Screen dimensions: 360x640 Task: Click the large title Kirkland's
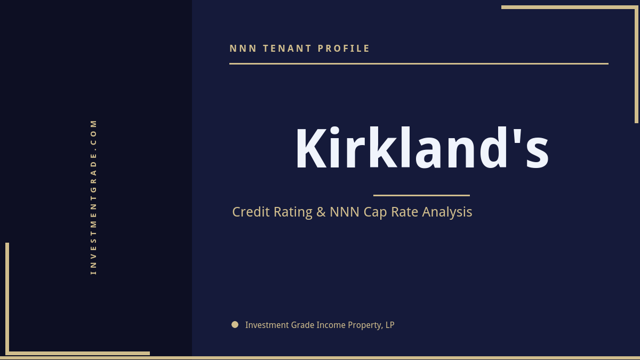pyautogui.click(x=422, y=149)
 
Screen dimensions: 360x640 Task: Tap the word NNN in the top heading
pyautogui.click(x=243, y=49)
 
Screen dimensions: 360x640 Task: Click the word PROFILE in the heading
pyautogui.click(x=344, y=49)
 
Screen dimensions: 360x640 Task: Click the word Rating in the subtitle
pyautogui.click(x=293, y=212)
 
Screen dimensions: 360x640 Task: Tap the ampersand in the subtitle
pyautogui.click(x=321, y=212)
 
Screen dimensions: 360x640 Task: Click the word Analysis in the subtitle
pyautogui.click(x=447, y=212)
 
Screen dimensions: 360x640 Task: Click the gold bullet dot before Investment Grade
pyautogui.click(x=235, y=324)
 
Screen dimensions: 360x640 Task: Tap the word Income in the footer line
pyautogui.click(x=331, y=325)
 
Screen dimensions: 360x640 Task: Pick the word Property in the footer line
pyautogui.click(x=366, y=325)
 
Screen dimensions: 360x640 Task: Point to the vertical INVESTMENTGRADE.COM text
pyautogui.click(x=93, y=196)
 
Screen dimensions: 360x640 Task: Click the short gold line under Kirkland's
pyautogui.click(x=421, y=195)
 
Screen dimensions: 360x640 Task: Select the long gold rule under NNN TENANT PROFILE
pyautogui.click(x=419, y=63)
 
